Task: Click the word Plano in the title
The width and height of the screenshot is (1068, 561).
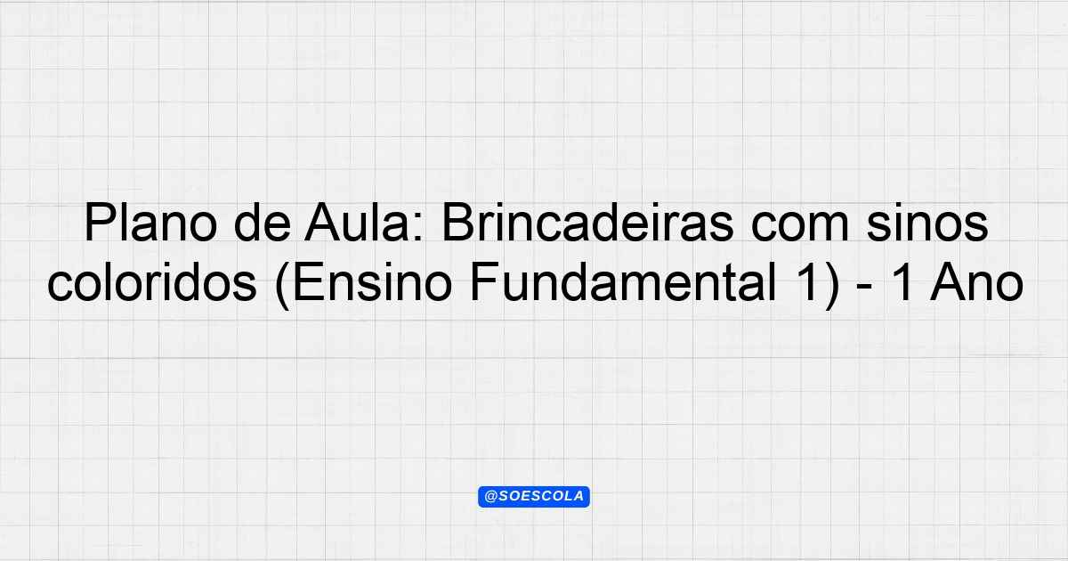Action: point(151,223)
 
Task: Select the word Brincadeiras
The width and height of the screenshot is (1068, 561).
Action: point(587,223)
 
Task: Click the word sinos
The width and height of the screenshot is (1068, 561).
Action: point(927,223)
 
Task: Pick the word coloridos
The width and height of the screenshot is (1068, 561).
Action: point(152,282)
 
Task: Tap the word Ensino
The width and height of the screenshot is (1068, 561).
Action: point(372,282)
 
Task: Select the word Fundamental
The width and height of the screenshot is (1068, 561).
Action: point(623,282)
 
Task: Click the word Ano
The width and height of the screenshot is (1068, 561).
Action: point(976,282)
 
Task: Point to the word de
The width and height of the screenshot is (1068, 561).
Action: point(263,223)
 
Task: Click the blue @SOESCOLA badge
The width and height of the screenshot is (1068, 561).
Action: point(534,497)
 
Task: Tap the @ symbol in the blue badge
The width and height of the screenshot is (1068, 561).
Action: point(490,497)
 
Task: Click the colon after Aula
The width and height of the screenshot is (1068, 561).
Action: point(419,229)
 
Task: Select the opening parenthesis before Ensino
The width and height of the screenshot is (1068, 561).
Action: point(282,285)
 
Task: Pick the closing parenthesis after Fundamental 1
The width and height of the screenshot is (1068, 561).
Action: point(832,285)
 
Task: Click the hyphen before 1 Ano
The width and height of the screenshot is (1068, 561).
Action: point(864,289)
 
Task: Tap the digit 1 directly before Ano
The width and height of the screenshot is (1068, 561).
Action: point(902,282)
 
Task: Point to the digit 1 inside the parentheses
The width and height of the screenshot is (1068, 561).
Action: point(806,282)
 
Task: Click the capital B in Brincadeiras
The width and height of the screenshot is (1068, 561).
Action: point(458,223)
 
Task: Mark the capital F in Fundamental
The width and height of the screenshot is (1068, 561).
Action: point(484,282)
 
